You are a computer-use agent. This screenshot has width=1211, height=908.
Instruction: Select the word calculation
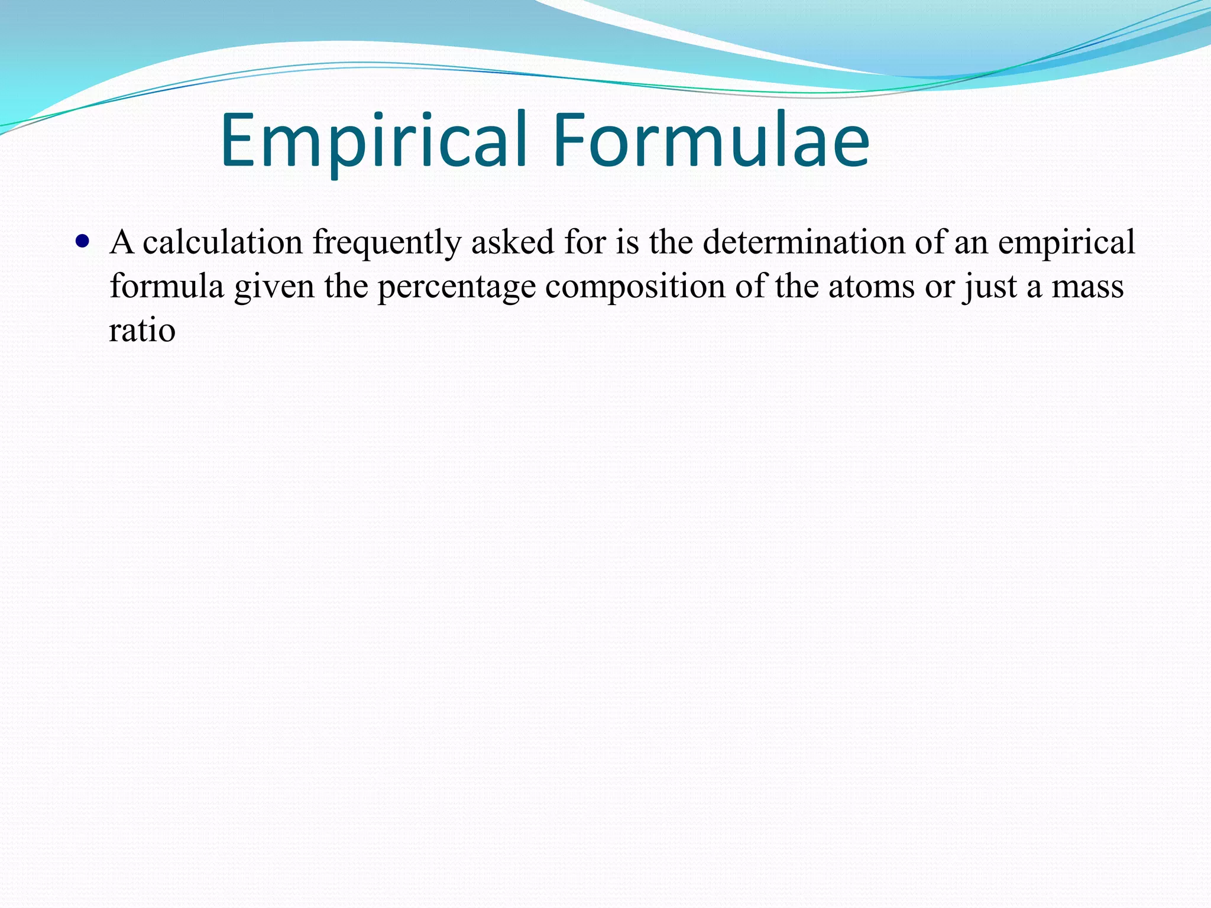tap(222, 242)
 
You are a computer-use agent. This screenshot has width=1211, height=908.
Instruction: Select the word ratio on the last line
tap(142, 330)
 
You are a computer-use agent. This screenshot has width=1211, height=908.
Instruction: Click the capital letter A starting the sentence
tap(122, 242)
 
